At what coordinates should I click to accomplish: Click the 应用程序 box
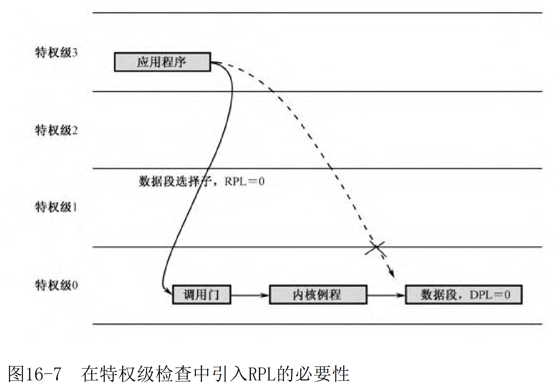click(162, 62)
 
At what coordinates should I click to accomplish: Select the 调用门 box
click(202, 295)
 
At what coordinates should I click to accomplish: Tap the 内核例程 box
click(318, 295)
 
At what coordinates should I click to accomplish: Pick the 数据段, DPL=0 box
click(463, 295)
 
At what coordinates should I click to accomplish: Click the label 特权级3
click(56, 52)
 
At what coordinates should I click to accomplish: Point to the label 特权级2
click(56, 130)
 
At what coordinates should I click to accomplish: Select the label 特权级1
click(56, 207)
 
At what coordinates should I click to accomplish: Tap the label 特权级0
click(56, 285)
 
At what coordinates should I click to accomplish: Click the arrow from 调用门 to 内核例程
click(250, 295)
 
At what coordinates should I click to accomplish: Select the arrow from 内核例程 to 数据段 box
click(386, 295)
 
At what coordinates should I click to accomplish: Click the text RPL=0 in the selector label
click(245, 181)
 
